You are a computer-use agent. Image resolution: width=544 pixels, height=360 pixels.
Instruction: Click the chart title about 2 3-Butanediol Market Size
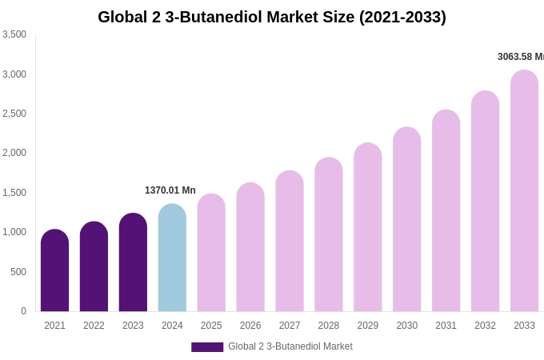[272, 17]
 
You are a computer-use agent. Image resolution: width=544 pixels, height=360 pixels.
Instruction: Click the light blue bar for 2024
[172, 258]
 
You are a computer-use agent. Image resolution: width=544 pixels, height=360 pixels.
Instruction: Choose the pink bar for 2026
[250, 247]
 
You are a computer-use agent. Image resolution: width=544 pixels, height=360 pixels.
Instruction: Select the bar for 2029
[368, 227]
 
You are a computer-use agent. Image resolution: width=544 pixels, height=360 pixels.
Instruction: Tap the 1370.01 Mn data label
[170, 190]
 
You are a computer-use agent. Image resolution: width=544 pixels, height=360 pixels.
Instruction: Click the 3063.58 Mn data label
[520, 57]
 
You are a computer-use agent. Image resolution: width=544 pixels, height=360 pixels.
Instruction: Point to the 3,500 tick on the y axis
[14, 34]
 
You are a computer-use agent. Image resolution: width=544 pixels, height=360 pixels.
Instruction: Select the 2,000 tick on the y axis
[14, 153]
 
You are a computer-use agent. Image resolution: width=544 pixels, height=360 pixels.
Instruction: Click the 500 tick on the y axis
[18, 272]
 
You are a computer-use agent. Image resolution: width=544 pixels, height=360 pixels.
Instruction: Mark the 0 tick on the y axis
[23, 311]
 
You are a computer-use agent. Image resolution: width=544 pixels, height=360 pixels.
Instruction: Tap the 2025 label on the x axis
[211, 326]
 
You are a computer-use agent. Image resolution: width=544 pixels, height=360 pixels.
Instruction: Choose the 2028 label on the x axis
[329, 326]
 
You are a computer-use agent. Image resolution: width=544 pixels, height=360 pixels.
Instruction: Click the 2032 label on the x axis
[485, 326]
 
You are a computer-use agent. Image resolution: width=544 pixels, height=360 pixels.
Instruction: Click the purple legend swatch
[207, 347]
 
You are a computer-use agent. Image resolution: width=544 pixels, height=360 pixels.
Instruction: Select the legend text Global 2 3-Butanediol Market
[290, 346]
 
